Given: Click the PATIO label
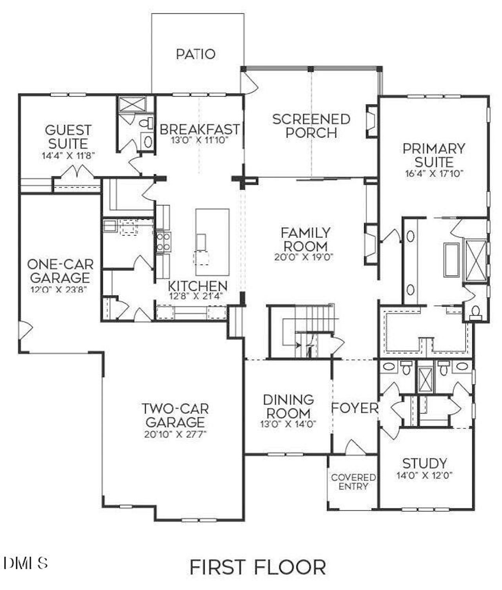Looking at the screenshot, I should click(x=196, y=54).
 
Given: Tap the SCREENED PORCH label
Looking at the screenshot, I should click(x=311, y=126).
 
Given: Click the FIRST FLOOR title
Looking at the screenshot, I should click(x=258, y=567).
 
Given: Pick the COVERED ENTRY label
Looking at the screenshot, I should click(x=353, y=482).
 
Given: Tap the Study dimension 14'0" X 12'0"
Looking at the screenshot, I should click(x=424, y=475).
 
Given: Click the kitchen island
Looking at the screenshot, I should click(x=212, y=242).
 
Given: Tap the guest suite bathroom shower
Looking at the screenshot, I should click(x=132, y=104).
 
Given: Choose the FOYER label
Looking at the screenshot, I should click(x=355, y=408).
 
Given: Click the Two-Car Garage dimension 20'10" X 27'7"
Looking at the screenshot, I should click(x=175, y=434).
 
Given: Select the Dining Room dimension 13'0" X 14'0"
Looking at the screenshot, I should click(x=288, y=424).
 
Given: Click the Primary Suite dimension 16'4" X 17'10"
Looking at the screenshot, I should click(x=434, y=173).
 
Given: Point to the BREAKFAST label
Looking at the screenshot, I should click(x=200, y=129).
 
